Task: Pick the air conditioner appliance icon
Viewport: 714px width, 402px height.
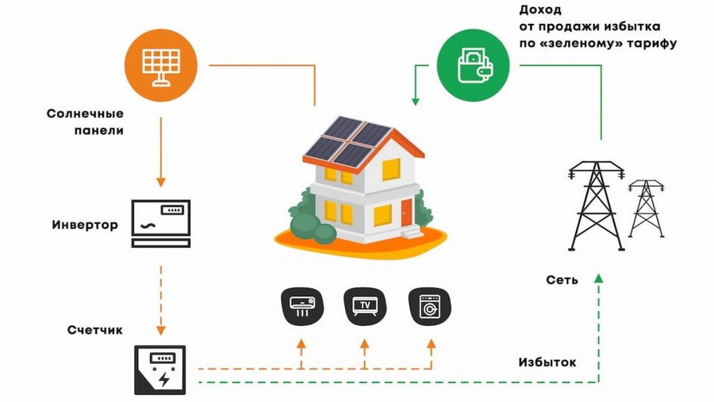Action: (x=301, y=306)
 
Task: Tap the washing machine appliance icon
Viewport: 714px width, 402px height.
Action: (x=428, y=306)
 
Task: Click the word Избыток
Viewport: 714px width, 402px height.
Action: (x=547, y=362)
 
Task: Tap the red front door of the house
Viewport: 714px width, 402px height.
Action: (x=406, y=213)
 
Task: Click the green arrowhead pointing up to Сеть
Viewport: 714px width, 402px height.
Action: (x=600, y=277)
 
